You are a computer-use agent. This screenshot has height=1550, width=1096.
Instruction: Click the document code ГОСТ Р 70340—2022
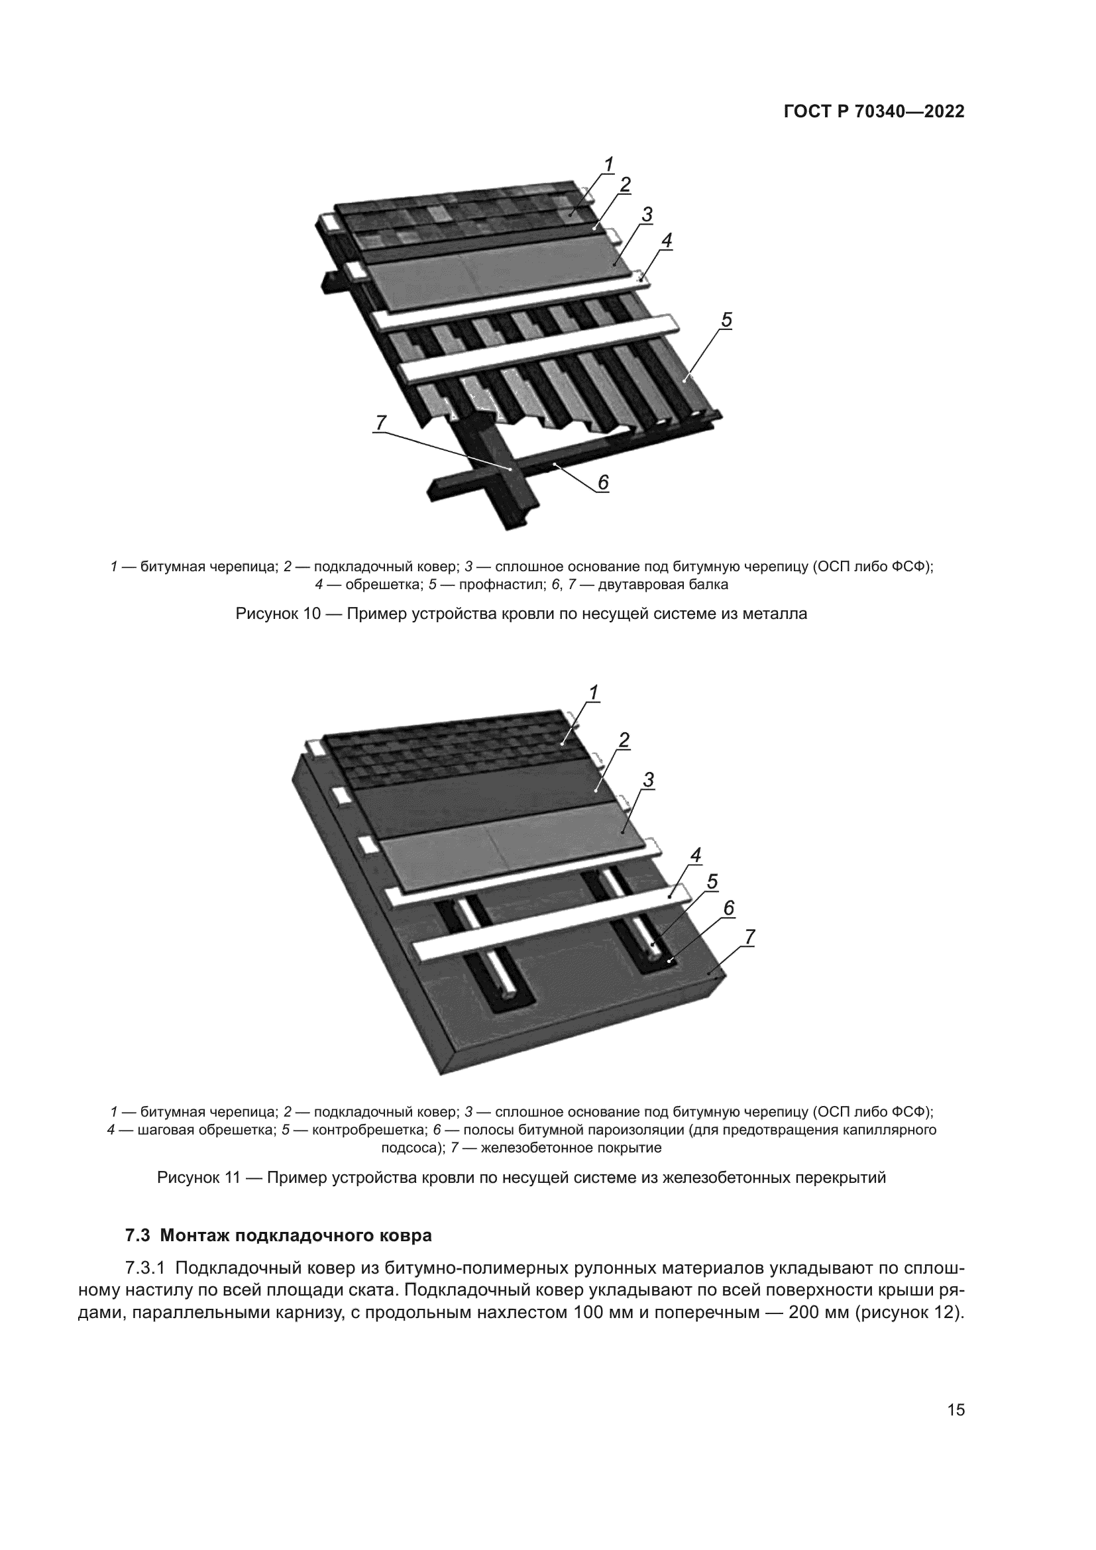874,112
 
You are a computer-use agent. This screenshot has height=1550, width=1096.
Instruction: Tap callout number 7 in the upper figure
380,423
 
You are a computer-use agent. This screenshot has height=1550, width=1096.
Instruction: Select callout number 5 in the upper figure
726,320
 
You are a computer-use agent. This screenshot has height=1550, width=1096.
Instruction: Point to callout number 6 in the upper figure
602,482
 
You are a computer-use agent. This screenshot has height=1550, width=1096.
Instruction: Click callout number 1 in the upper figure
608,164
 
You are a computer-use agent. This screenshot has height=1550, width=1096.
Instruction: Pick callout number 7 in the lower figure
749,937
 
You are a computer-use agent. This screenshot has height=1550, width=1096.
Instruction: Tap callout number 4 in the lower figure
696,856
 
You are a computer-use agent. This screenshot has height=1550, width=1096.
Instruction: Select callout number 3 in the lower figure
648,781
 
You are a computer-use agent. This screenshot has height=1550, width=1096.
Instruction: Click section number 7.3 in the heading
138,1236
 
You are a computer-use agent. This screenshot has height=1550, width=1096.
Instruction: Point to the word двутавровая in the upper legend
635,584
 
